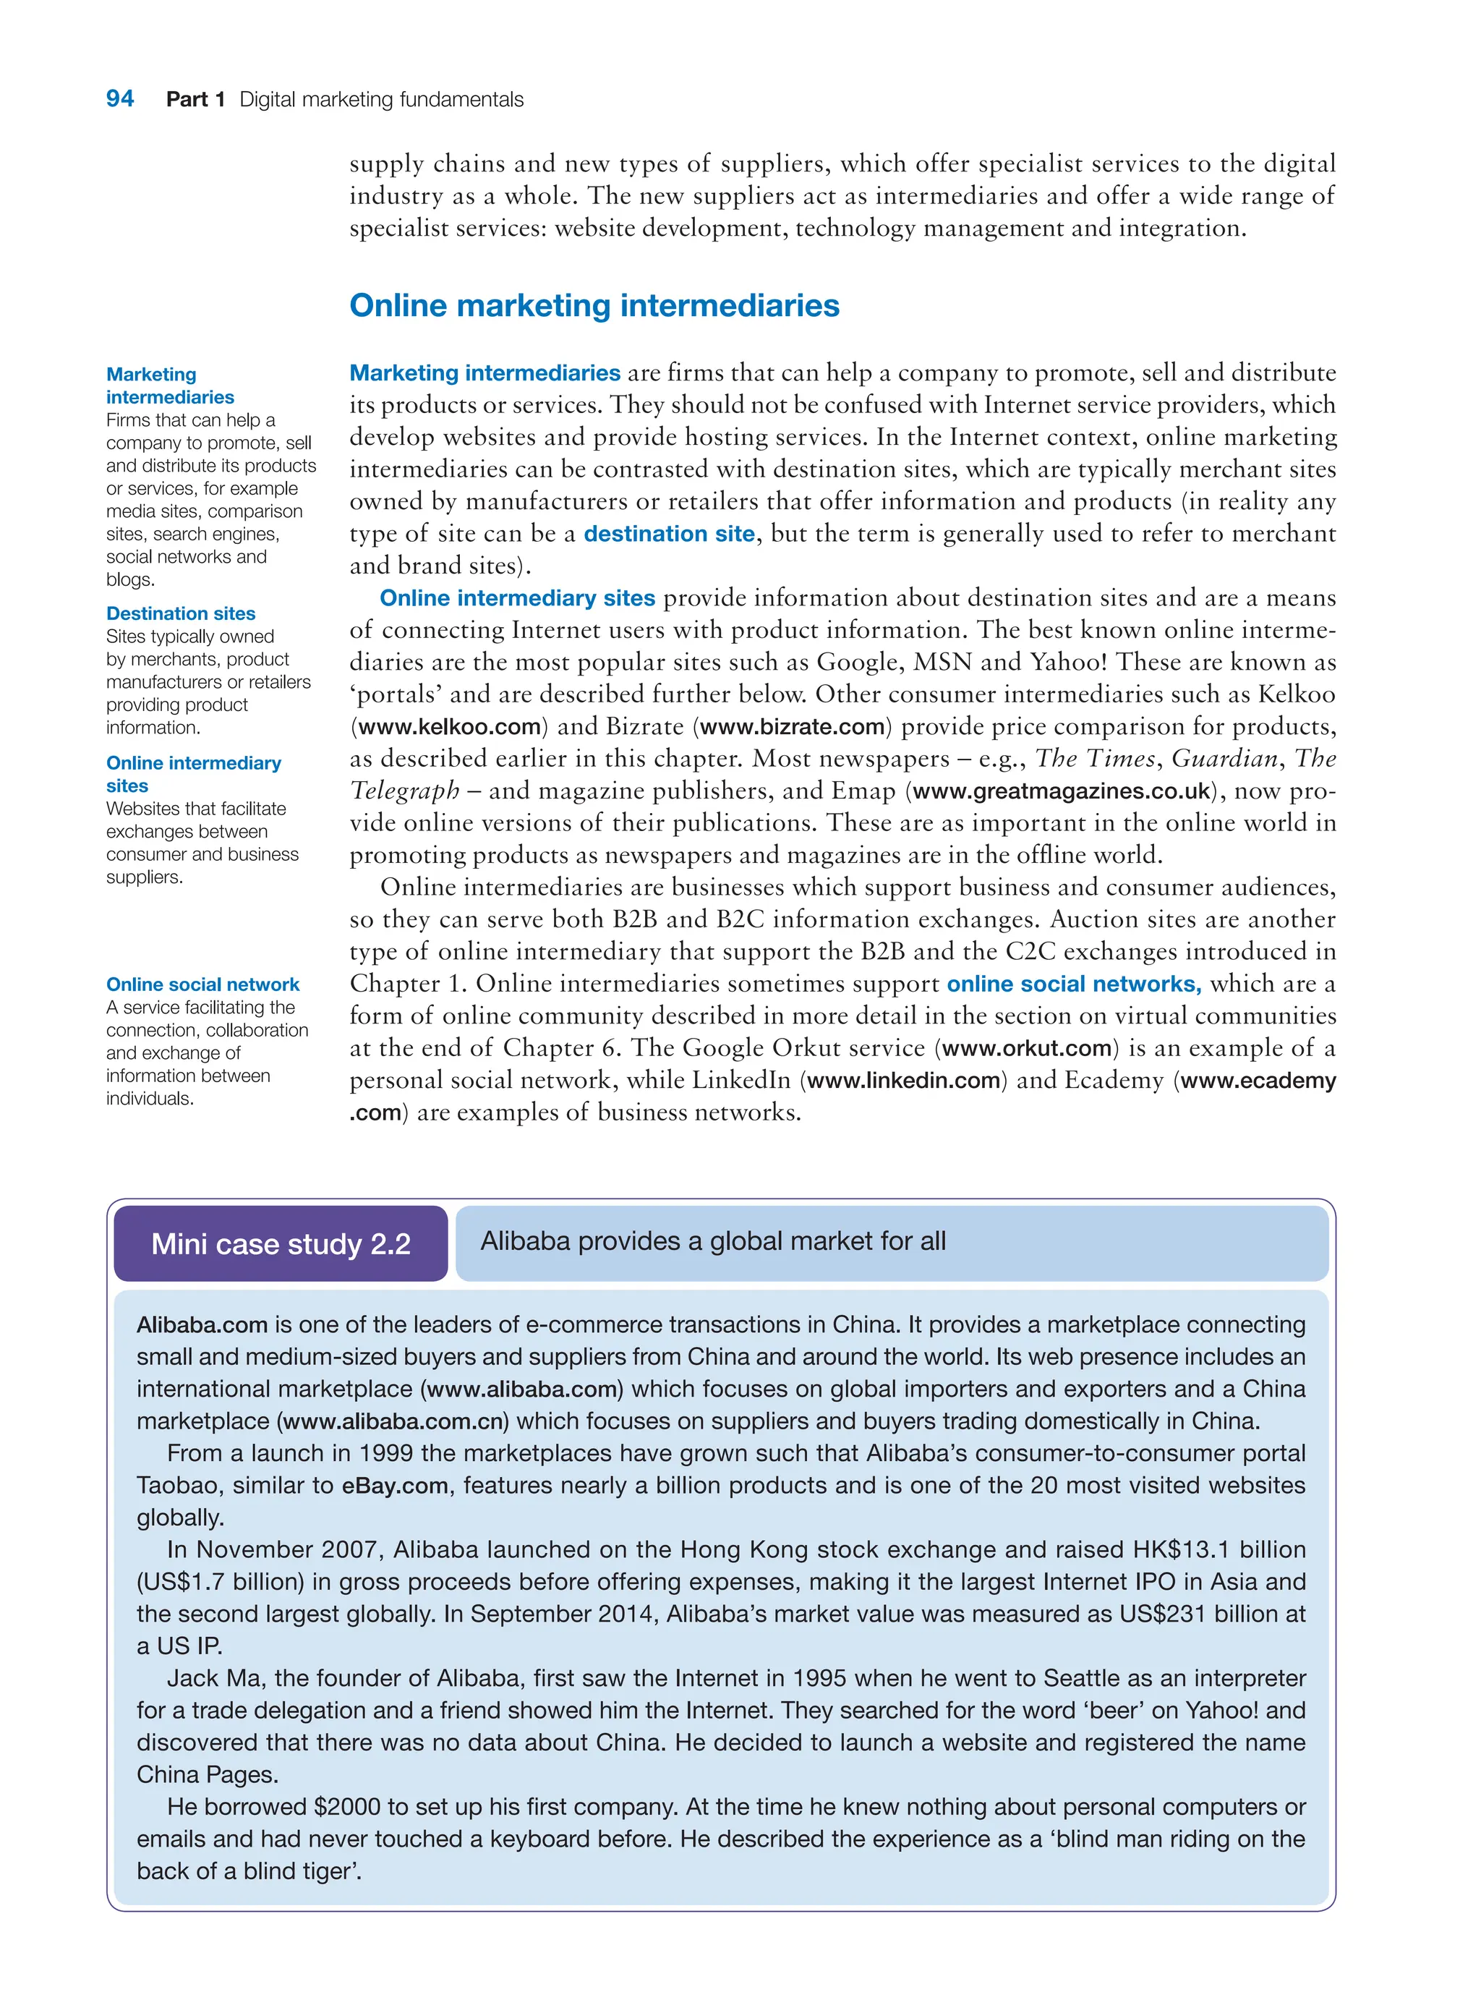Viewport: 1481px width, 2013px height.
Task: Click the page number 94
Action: (x=119, y=98)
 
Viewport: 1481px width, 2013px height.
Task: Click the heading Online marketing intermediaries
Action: (x=594, y=306)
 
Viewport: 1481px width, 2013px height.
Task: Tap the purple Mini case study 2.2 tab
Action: (x=281, y=1243)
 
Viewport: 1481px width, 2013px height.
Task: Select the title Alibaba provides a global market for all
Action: (x=713, y=1241)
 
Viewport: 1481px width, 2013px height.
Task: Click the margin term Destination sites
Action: (x=180, y=613)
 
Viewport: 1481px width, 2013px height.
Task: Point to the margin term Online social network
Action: (x=202, y=984)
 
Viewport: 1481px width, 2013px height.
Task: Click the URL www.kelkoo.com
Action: (x=449, y=726)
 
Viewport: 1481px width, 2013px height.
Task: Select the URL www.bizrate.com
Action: (x=793, y=726)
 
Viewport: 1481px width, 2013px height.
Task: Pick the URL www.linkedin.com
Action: (x=902, y=1081)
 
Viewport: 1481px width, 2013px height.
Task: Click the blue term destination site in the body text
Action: (x=669, y=534)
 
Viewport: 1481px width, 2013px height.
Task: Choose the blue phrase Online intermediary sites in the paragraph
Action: (x=517, y=598)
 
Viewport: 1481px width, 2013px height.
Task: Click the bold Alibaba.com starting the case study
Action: (x=202, y=1324)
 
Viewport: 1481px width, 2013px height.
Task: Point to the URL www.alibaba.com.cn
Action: (x=393, y=1421)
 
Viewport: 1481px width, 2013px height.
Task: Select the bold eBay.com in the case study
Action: (x=394, y=1486)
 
